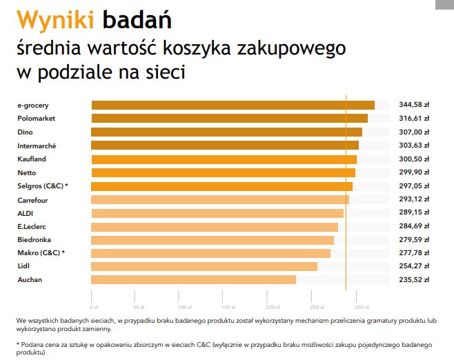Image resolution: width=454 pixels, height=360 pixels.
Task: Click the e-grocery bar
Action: tap(233, 105)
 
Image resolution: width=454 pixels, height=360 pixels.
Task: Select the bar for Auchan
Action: tap(194, 279)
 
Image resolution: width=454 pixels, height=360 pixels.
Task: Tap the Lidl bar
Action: tap(204, 266)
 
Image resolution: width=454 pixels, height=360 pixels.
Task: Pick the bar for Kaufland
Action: tap(224, 159)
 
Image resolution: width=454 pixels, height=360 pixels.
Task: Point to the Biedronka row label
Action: tap(34, 239)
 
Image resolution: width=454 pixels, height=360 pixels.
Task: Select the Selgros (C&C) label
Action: tap(43, 186)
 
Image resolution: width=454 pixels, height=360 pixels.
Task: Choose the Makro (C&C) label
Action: tap(41, 253)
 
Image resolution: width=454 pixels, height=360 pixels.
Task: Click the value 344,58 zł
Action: tap(414, 105)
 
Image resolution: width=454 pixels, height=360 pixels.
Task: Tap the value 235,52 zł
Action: tap(414, 279)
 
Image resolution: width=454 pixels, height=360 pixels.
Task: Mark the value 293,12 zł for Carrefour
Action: tap(414, 199)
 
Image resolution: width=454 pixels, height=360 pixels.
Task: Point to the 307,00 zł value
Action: tap(414, 132)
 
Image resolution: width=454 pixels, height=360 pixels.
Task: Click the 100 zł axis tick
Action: tap(184, 306)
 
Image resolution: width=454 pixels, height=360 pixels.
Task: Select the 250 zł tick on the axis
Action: tap(317, 306)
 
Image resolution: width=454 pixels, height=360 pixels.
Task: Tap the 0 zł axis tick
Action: tap(94, 306)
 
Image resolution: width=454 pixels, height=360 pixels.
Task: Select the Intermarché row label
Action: tap(37, 146)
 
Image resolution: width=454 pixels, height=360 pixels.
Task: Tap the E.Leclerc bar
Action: tap(215, 226)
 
